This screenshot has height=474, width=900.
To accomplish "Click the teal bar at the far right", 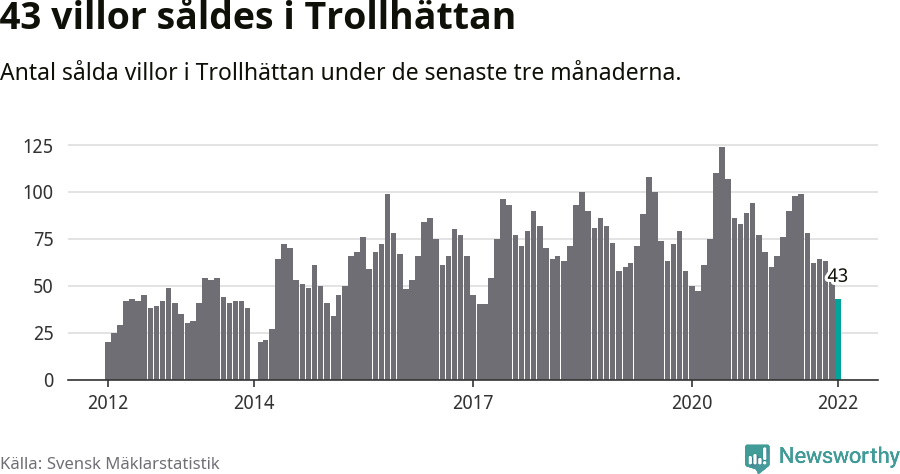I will point(838,340).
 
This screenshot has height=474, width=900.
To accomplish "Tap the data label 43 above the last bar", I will point(837,276).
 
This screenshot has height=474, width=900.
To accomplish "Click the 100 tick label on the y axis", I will point(38,193).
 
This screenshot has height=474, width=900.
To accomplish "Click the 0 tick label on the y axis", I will point(47,381).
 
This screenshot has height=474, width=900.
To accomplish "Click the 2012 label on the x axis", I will point(107,402).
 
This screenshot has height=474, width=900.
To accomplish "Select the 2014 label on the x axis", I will point(254,402).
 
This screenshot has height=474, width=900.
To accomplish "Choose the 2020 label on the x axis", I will point(691,402).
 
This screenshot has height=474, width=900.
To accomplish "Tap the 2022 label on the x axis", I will point(838,402).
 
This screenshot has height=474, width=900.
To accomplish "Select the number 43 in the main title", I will point(23,18).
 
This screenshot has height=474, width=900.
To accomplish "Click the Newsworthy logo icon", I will point(757,458).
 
